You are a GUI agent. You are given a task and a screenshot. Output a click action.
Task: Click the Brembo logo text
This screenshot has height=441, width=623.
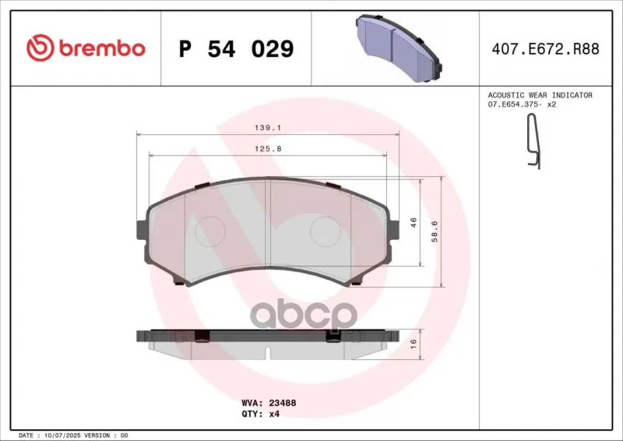pyautogui.click(x=102, y=48)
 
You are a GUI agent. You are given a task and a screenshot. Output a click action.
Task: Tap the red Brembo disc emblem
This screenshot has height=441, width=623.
pyautogui.click(x=40, y=48)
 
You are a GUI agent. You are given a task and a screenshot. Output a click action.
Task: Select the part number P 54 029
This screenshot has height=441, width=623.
pyautogui.click(x=237, y=48)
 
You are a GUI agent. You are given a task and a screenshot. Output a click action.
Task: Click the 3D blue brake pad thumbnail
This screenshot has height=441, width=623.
pyautogui.click(x=399, y=48)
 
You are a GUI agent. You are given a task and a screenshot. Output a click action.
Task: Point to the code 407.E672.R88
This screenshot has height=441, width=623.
pyautogui.click(x=546, y=49)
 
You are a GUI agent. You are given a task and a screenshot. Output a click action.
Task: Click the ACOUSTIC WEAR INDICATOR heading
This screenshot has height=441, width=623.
pyautogui.click(x=540, y=95)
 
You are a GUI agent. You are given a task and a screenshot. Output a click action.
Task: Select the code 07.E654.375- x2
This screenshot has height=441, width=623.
pyautogui.click(x=522, y=104)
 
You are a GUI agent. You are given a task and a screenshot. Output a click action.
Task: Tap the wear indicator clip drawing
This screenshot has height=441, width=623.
pyautogui.click(x=533, y=141)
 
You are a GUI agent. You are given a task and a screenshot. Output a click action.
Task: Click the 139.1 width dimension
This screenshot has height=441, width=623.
pyautogui.click(x=268, y=128)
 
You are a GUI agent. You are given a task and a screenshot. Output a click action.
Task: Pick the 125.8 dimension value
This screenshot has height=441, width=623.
pyautogui.click(x=268, y=149)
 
